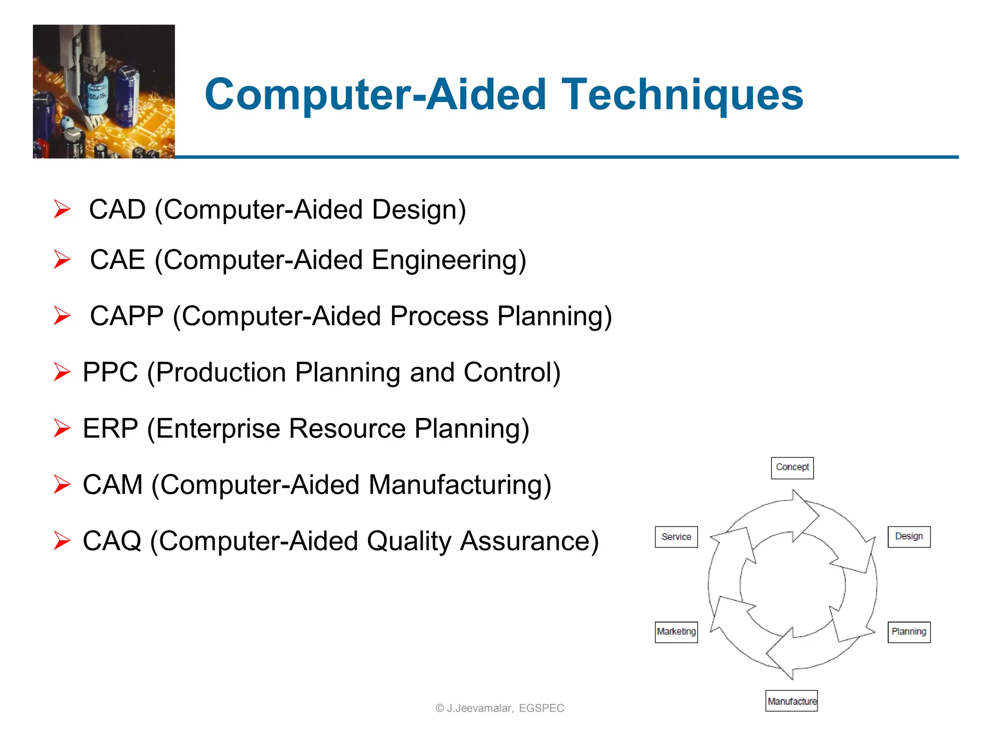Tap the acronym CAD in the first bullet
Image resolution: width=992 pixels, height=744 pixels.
click(117, 210)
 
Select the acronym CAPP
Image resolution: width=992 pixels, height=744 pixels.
click(127, 316)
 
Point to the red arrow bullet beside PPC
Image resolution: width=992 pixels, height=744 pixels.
click(62, 372)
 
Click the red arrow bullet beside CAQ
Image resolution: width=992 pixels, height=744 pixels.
click(62, 541)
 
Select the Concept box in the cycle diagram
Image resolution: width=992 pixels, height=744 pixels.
click(792, 467)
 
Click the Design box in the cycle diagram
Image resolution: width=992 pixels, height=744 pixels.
click(909, 537)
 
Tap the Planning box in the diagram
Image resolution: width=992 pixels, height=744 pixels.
click(909, 632)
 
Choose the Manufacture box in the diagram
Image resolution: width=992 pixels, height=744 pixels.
click(791, 701)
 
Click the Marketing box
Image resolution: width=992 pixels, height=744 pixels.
click(676, 632)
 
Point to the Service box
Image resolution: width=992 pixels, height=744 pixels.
click(676, 537)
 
